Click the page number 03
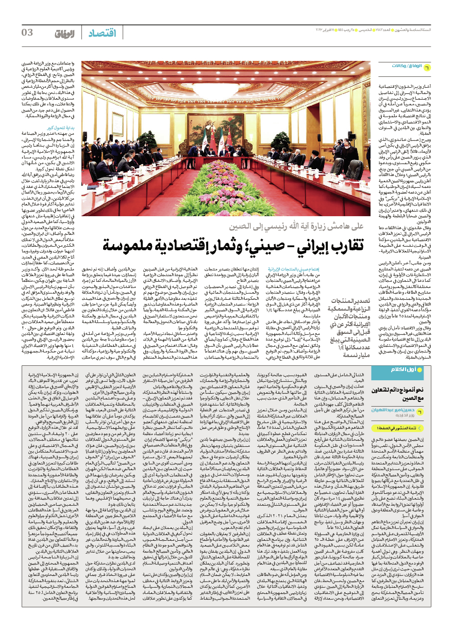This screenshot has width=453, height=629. click(x=27, y=33)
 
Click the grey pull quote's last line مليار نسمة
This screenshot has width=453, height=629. click(x=350, y=341)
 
